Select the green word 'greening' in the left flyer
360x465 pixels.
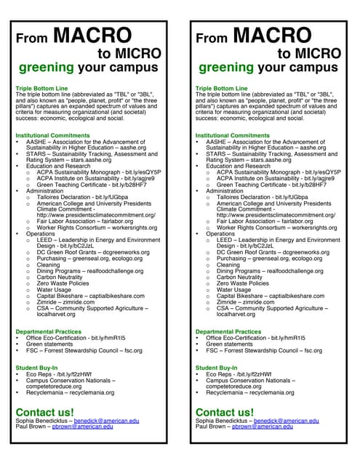tap(47, 68)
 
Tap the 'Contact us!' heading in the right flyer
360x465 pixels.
tap(225, 413)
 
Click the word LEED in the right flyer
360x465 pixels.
tap(225, 240)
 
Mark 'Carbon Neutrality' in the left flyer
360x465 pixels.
tap(62, 277)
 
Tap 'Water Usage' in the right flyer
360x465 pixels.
tap(233, 289)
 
